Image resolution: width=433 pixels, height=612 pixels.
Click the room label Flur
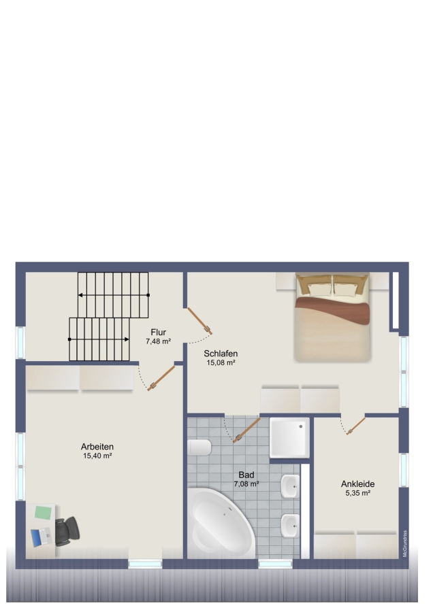click(x=158, y=332)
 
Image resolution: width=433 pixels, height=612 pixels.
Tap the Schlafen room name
click(x=221, y=353)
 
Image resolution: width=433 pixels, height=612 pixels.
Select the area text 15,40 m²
click(x=98, y=456)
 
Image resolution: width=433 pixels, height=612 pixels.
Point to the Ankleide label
click(x=357, y=483)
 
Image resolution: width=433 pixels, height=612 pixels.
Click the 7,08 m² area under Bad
click(x=246, y=484)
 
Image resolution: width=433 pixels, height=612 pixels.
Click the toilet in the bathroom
click(x=199, y=447)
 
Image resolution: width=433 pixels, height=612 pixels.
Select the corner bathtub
click(x=221, y=523)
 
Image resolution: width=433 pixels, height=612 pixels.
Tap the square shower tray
click(x=289, y=437)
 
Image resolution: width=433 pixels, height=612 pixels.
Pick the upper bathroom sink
click(x=290, y=486)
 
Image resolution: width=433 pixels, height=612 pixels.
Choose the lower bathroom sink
click(x=290, y=526)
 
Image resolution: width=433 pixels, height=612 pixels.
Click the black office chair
click(x=67, y=531)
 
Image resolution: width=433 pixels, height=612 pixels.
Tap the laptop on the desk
click(x=42, y=537)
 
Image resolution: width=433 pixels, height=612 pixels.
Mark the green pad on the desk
click(x=43, y=513)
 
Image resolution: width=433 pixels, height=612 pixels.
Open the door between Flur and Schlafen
click(x=199, y=321)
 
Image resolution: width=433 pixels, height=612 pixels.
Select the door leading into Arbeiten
click(x=161, y=378)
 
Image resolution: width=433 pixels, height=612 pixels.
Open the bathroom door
click(x=246, y=430)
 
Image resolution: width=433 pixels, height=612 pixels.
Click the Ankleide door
click(x=355, y=426)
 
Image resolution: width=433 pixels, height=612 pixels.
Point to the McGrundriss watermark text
click(x=405, y=543)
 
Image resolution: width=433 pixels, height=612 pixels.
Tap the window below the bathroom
click(x=276, y=564)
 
